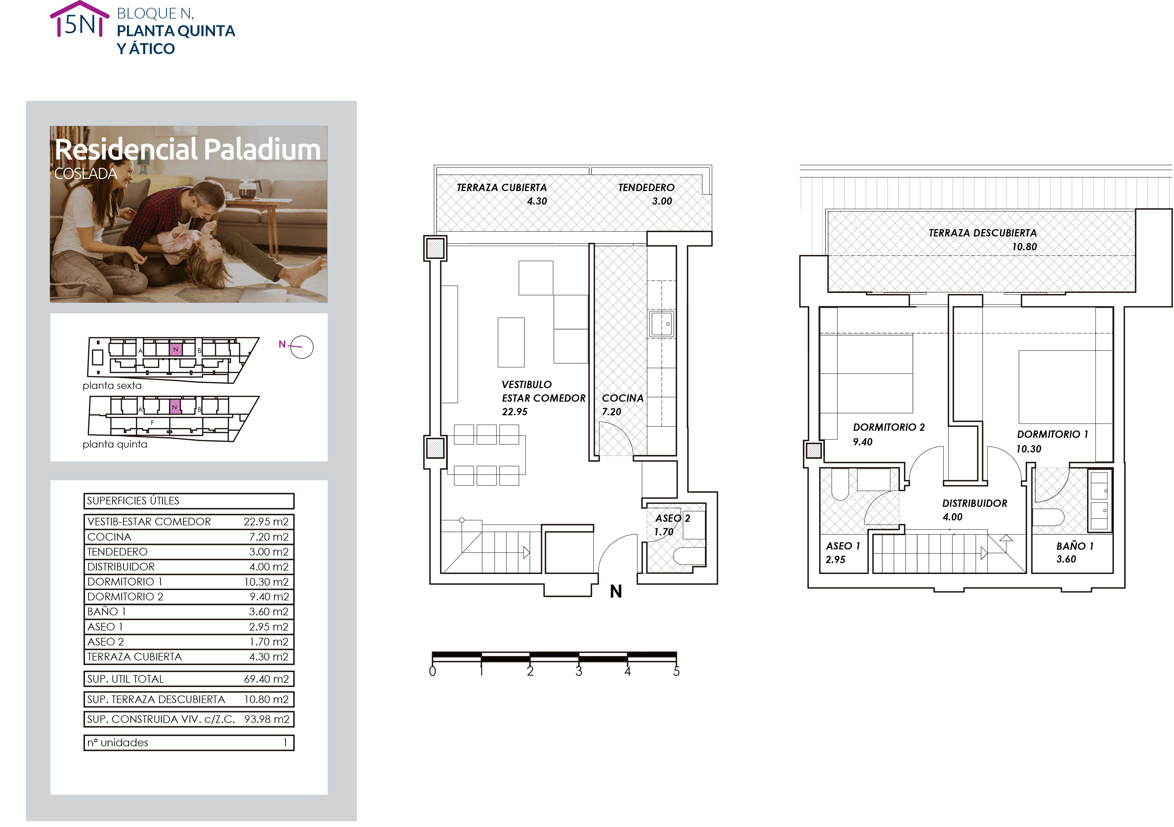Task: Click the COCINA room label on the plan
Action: [622, 398]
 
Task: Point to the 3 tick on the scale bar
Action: [579, 671]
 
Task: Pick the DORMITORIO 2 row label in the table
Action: [125, 597]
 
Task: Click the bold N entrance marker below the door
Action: [616, 591]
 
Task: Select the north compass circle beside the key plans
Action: [302, 347]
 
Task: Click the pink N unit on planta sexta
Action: [175, 349]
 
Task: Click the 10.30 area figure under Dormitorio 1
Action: [1028, 449]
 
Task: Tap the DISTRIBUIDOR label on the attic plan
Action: [975, 504]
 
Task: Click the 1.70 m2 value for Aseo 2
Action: [269, 641]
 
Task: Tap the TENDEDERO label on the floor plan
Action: [646, 188]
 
